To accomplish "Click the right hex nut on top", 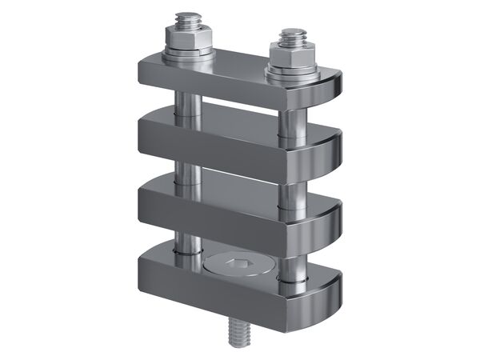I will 294,54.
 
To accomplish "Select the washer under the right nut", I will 293,73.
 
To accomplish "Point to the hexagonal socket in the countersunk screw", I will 238,264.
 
